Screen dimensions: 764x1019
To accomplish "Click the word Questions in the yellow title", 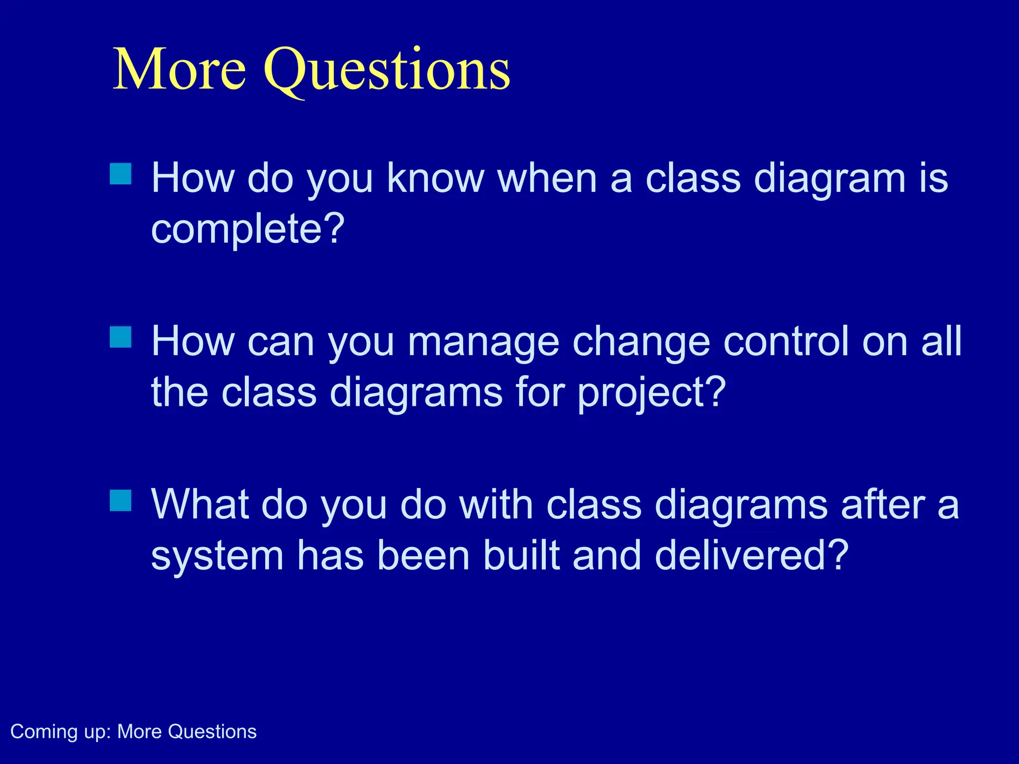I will [387, 70].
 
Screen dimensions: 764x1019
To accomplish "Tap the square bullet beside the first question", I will [120, 174].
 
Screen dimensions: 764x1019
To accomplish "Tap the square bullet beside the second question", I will [120, 337].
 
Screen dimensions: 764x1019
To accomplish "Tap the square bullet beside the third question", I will [120, 500].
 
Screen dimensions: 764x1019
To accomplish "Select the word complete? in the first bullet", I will [248, 229].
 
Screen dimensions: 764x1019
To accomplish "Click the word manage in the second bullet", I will [483, 342].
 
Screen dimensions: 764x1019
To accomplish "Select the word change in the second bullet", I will [641, 342].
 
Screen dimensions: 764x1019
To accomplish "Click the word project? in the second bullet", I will [652, 393].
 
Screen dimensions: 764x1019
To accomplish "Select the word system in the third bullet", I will [217, 556].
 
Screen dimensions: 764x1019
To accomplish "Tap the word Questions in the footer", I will [212, 732].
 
